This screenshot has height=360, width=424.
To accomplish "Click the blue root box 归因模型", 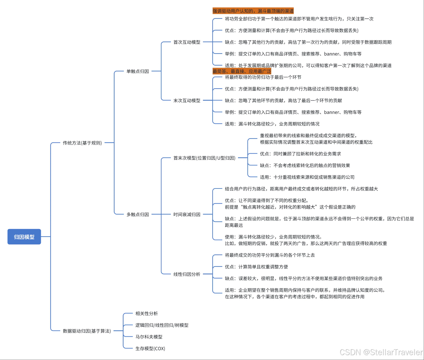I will [24, 237].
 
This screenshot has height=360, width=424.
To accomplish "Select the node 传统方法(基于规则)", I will [82, 143].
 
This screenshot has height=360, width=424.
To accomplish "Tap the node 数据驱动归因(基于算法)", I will [87, 331].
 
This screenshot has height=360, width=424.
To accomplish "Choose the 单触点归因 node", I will [138, 71].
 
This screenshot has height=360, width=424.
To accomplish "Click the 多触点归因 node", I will [138, 214].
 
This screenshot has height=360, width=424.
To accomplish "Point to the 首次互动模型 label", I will [187, 42].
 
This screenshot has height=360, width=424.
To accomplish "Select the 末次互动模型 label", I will [187, 100].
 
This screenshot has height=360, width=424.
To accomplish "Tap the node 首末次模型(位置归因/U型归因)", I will [204, 158].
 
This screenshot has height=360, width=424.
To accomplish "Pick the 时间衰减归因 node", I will [187, 214].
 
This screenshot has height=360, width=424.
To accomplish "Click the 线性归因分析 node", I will [187, 274].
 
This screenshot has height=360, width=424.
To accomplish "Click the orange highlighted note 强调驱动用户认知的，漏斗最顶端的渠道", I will [253, 11].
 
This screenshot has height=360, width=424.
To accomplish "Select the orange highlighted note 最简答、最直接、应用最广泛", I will [242, 71].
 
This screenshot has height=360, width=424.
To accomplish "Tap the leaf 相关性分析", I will [147, 313].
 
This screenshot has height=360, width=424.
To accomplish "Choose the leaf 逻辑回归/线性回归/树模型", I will [162, 325].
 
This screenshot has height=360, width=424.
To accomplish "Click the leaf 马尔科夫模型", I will [149, 337].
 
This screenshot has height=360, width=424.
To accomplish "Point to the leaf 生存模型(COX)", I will [150, 349].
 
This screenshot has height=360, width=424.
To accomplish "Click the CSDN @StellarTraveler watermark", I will [381, 352].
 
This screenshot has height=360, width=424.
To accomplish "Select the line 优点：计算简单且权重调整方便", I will [256, 267].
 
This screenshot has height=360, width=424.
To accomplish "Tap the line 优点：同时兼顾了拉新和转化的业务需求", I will [300, 154].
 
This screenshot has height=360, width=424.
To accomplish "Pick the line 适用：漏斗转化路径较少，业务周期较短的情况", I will [272, 124].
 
